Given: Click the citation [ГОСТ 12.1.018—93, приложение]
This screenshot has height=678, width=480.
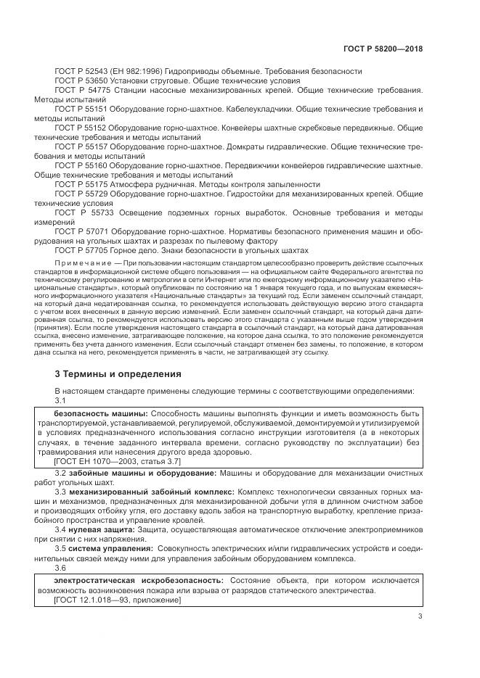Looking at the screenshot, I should click(x=118, y=600).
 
